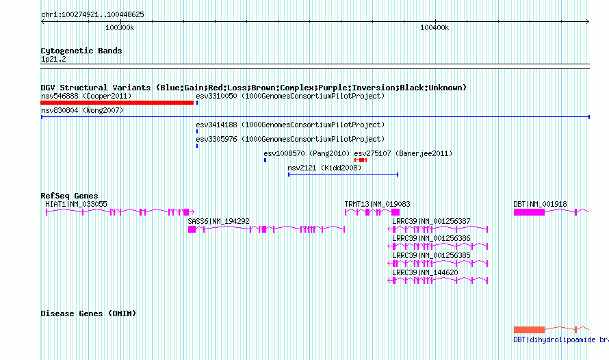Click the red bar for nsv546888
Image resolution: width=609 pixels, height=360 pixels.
click(x=117, y=103)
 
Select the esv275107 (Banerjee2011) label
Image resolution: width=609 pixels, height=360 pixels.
click(x=403, y=153)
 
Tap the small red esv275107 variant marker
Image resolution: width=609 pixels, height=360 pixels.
click(x=361, y=160)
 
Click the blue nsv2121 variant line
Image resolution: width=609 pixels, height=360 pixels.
click(x=343, y=175)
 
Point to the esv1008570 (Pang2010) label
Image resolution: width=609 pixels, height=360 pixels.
click(x=307, y=153)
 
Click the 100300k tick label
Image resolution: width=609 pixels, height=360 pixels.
click(x=120, y=27)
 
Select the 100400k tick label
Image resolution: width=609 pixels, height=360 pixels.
click(x=435, y=27)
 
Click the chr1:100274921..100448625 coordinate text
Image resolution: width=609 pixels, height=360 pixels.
click(x=92, y=15)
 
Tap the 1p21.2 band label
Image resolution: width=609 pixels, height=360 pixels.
click(x=53, y=59)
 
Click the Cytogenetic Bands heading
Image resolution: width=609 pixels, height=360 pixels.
click(x=81, y=51)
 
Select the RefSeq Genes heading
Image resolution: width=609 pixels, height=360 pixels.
click(x=69, y=196)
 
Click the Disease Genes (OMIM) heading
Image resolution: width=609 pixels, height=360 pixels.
click(x=88, y=313)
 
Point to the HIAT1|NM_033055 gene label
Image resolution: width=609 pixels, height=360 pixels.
click(x=76, y=204)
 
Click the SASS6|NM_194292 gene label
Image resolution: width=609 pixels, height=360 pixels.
click(x=218, y=221)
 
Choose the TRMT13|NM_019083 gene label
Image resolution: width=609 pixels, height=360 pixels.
click(x=377, y=204)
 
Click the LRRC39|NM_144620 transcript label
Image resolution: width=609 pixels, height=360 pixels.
click(x=425, y=272)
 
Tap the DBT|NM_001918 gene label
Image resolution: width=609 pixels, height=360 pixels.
click(x=540, y=204)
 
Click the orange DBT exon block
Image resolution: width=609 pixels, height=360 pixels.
click(x=529, y=330)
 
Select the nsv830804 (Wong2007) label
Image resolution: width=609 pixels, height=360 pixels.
click(x=82, y=110)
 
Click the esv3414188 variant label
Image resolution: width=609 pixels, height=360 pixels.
click(x=290, y=125)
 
